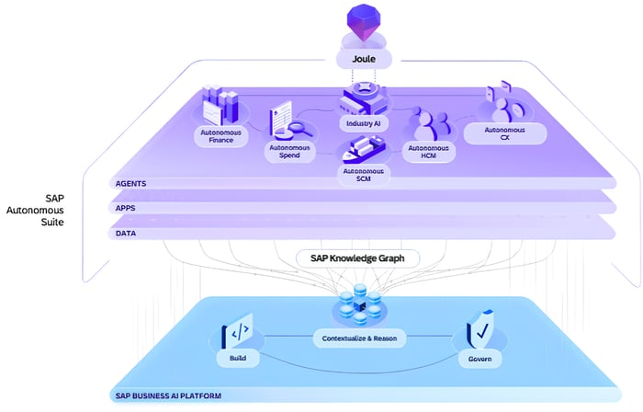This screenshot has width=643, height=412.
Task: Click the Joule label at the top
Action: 364,59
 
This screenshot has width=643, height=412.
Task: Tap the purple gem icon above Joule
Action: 364,22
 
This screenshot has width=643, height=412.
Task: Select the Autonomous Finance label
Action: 221,136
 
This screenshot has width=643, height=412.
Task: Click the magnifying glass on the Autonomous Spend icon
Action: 299,127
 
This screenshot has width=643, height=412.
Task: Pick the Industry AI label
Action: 364,123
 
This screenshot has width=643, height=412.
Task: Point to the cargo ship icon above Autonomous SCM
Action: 364,149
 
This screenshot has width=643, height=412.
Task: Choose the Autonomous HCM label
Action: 429,152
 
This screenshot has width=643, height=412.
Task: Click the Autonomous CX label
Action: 505,133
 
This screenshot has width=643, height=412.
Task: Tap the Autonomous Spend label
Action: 289,152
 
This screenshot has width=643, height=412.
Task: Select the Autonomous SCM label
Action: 364,175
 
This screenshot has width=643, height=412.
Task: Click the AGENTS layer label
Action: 130,183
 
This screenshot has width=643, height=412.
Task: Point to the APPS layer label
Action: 126,208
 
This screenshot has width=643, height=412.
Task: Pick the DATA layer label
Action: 126,233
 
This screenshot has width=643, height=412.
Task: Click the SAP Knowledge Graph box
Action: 357,258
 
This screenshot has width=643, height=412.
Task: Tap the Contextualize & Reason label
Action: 359,338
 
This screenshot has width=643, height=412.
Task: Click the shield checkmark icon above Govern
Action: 480,329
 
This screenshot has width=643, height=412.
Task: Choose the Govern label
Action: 479,359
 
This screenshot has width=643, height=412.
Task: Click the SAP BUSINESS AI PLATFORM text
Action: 168,396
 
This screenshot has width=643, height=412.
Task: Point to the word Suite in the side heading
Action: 52,222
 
